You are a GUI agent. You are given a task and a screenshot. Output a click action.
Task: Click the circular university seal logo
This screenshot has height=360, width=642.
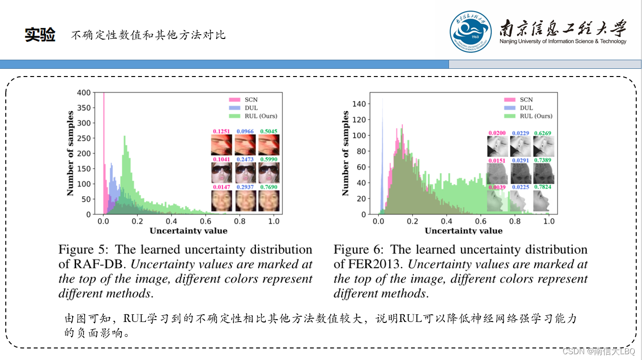click(471, 32)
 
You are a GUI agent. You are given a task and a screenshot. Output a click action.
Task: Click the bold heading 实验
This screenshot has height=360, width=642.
click(40, 35)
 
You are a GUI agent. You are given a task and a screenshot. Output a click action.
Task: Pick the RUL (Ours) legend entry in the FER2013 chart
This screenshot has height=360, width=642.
click(536, 116)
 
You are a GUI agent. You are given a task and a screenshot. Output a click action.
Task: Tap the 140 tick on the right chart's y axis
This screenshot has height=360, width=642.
click(360, 104)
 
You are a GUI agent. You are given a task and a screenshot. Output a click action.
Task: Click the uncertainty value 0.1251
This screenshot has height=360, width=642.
click(221, 131)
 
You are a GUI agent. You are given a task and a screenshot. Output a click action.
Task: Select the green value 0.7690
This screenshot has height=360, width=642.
click(269, 187)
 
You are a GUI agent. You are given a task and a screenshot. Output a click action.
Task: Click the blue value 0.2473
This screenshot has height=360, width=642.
click(245, 159)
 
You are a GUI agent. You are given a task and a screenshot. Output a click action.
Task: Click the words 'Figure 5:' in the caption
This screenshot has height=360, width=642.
click(82, 250)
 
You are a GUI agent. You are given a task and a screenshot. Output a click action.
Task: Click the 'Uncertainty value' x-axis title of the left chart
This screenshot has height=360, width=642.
click(188, 231)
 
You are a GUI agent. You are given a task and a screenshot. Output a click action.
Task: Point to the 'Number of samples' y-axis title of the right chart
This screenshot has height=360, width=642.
click(346, 153)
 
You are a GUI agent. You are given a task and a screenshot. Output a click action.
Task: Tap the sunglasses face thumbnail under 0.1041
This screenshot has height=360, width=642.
click(221, 172)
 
